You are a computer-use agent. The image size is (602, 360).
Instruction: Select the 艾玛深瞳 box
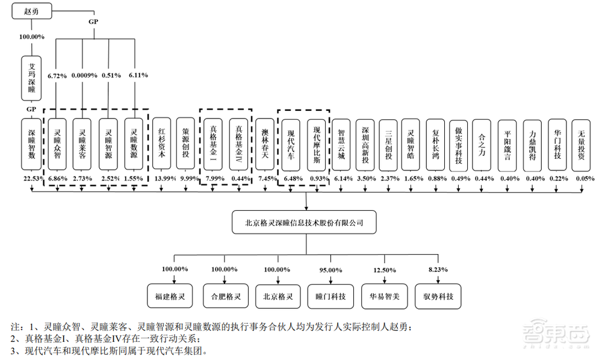31,78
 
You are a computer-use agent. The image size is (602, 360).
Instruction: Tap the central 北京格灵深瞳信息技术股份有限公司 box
305,222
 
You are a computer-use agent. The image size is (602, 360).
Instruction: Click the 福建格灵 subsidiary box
164,296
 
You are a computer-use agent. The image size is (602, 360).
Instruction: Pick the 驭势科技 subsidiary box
438,296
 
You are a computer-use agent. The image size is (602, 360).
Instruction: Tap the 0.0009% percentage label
83,75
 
